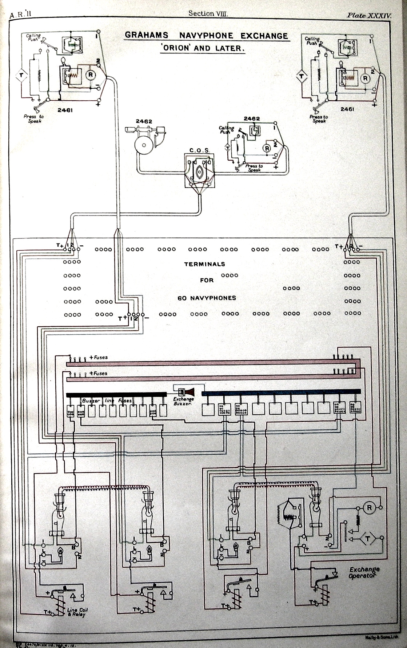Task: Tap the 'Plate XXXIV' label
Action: pos(368,16)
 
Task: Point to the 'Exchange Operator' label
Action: pos(364,572)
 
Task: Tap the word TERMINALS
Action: pos(204,264)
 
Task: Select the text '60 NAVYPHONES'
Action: pos(207,298)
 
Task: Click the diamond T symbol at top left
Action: pos(21,75)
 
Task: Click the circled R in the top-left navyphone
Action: pos(91,75)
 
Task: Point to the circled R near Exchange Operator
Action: pos(370,508)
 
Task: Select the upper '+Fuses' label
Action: pos(98,357)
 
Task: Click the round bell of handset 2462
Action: pos(143,146)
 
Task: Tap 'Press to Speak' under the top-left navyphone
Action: pos(33,119)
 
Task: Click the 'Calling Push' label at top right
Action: pos(312,41)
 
